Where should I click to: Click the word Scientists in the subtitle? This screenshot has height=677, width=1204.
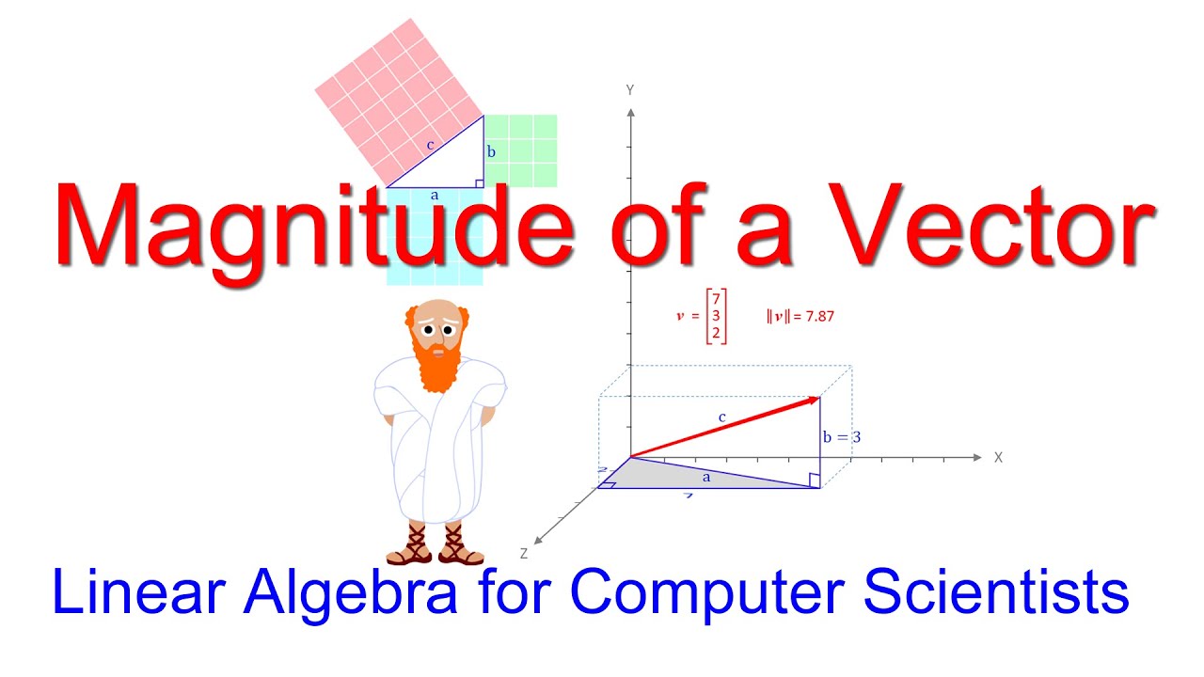(x=997, y=592)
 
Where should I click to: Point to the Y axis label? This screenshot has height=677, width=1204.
(x=629, y=89)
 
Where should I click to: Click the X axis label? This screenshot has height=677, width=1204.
(x=998, y=457)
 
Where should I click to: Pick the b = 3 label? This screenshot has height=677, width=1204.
(x=841, y=436)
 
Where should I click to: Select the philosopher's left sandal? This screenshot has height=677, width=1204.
(x=410, y=546)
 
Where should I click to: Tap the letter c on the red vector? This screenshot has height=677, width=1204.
(x=722, y=417)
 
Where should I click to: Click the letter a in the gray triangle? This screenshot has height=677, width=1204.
(x=707, y=478)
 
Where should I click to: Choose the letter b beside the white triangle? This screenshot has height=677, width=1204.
(x=491, y=151)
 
